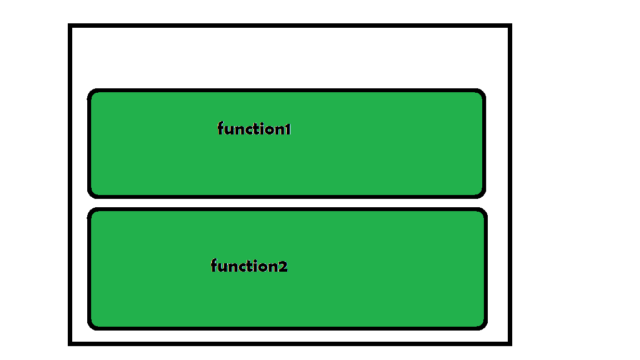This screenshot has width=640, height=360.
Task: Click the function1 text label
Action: pyautogui.click(x=254, y=129)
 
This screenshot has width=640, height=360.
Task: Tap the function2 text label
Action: pyautogui.click(x=249, y=266)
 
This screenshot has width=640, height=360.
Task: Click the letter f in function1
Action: pyautogui.click(x=221, y=129)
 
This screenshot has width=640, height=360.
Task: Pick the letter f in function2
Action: pyautogui.click(x=214, y=266)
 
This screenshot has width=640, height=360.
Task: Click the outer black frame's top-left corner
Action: pyautogui.click(x=70, y=26)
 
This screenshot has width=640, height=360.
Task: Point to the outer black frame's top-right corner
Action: pyautogui.click(x=509, y=26)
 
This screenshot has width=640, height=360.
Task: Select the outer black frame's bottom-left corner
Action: pyautogui.click(x=70, y=343)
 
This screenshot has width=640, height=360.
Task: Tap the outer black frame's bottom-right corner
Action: pyautogui.click(x=509, y=343)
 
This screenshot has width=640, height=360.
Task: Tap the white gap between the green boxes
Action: pyautogui.click(x=287, y=203)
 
